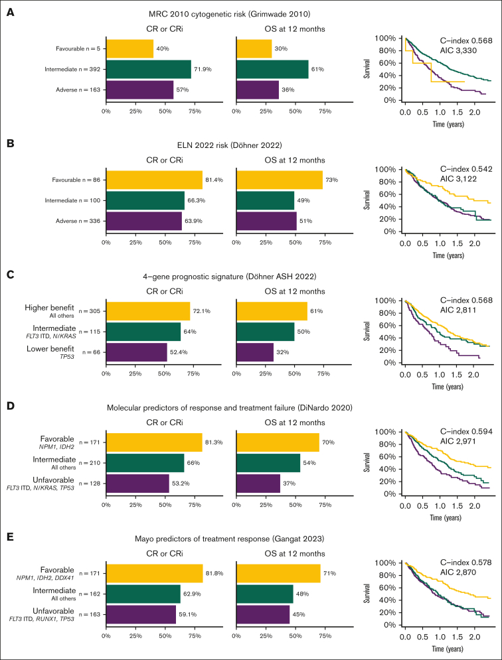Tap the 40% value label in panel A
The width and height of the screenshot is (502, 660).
click(163, 48)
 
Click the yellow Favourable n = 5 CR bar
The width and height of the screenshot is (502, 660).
click(129, 48)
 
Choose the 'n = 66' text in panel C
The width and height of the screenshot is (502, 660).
click(89, 352)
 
